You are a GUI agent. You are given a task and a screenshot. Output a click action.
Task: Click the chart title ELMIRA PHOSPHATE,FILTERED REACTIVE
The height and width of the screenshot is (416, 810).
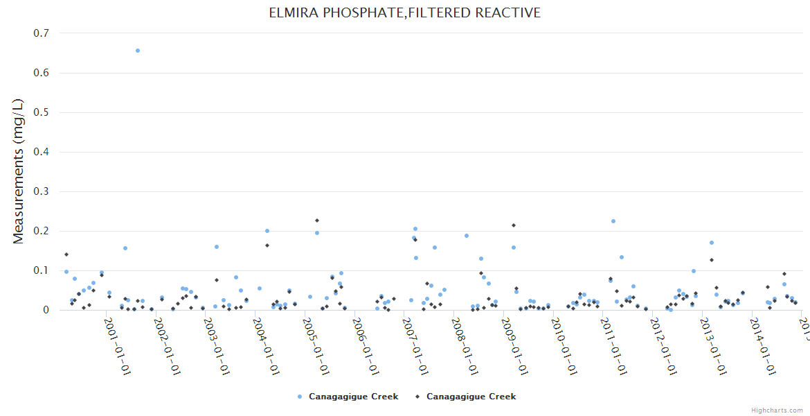405,13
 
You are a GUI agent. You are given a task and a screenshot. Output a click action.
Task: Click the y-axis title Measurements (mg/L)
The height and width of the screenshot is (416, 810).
19,171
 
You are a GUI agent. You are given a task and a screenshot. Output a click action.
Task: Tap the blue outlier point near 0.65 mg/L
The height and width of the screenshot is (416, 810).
138,51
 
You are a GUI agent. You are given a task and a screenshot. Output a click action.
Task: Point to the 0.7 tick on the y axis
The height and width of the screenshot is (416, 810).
42,33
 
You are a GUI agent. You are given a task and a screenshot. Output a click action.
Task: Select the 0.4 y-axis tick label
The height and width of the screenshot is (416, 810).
42,152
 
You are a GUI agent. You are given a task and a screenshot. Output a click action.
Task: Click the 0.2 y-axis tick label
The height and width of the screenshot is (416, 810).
42,231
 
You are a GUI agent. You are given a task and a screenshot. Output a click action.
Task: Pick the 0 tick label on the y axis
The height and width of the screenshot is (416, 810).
46,310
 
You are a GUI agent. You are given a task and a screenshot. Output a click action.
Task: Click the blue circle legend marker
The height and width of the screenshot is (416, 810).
300,397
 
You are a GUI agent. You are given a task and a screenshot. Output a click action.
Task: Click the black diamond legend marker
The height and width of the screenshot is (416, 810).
417,397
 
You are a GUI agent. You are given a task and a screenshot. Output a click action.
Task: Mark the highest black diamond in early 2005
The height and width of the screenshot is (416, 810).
317,220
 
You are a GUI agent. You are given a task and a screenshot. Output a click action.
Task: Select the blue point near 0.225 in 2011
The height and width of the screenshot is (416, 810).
613,221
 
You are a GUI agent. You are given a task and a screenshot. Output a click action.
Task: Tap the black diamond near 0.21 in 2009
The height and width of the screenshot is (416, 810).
514,225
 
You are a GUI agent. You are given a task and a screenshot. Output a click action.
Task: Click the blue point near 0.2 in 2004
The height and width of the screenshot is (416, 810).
267,231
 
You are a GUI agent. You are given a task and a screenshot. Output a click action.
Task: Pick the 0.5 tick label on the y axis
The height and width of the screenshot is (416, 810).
42,112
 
